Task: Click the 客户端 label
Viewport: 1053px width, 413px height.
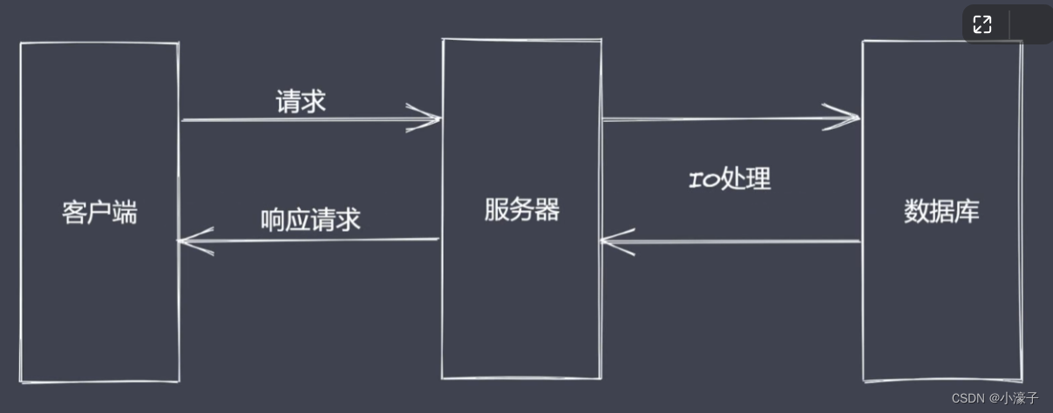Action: tap(99, 213)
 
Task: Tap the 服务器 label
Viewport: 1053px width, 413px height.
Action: tap(521, 210)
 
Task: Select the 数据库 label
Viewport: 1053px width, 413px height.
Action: tap(941, 211)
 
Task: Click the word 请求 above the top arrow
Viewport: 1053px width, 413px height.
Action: tap(301, 102)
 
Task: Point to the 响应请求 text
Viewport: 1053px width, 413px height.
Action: tap(310, 220)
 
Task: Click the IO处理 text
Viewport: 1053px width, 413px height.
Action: tap(730, 179)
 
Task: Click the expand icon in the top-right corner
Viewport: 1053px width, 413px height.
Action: tap(982, 24)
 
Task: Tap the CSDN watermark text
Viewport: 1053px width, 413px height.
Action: tap(967, 398)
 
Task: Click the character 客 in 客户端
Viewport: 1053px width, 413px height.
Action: tap(74, 213)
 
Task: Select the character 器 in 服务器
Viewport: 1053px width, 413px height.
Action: tap(547, 210)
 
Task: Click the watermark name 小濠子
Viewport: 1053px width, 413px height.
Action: tap(1019, 398)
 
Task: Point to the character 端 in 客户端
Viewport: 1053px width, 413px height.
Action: tap(125, 213)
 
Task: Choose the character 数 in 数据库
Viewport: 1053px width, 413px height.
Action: tap(916, 211)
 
